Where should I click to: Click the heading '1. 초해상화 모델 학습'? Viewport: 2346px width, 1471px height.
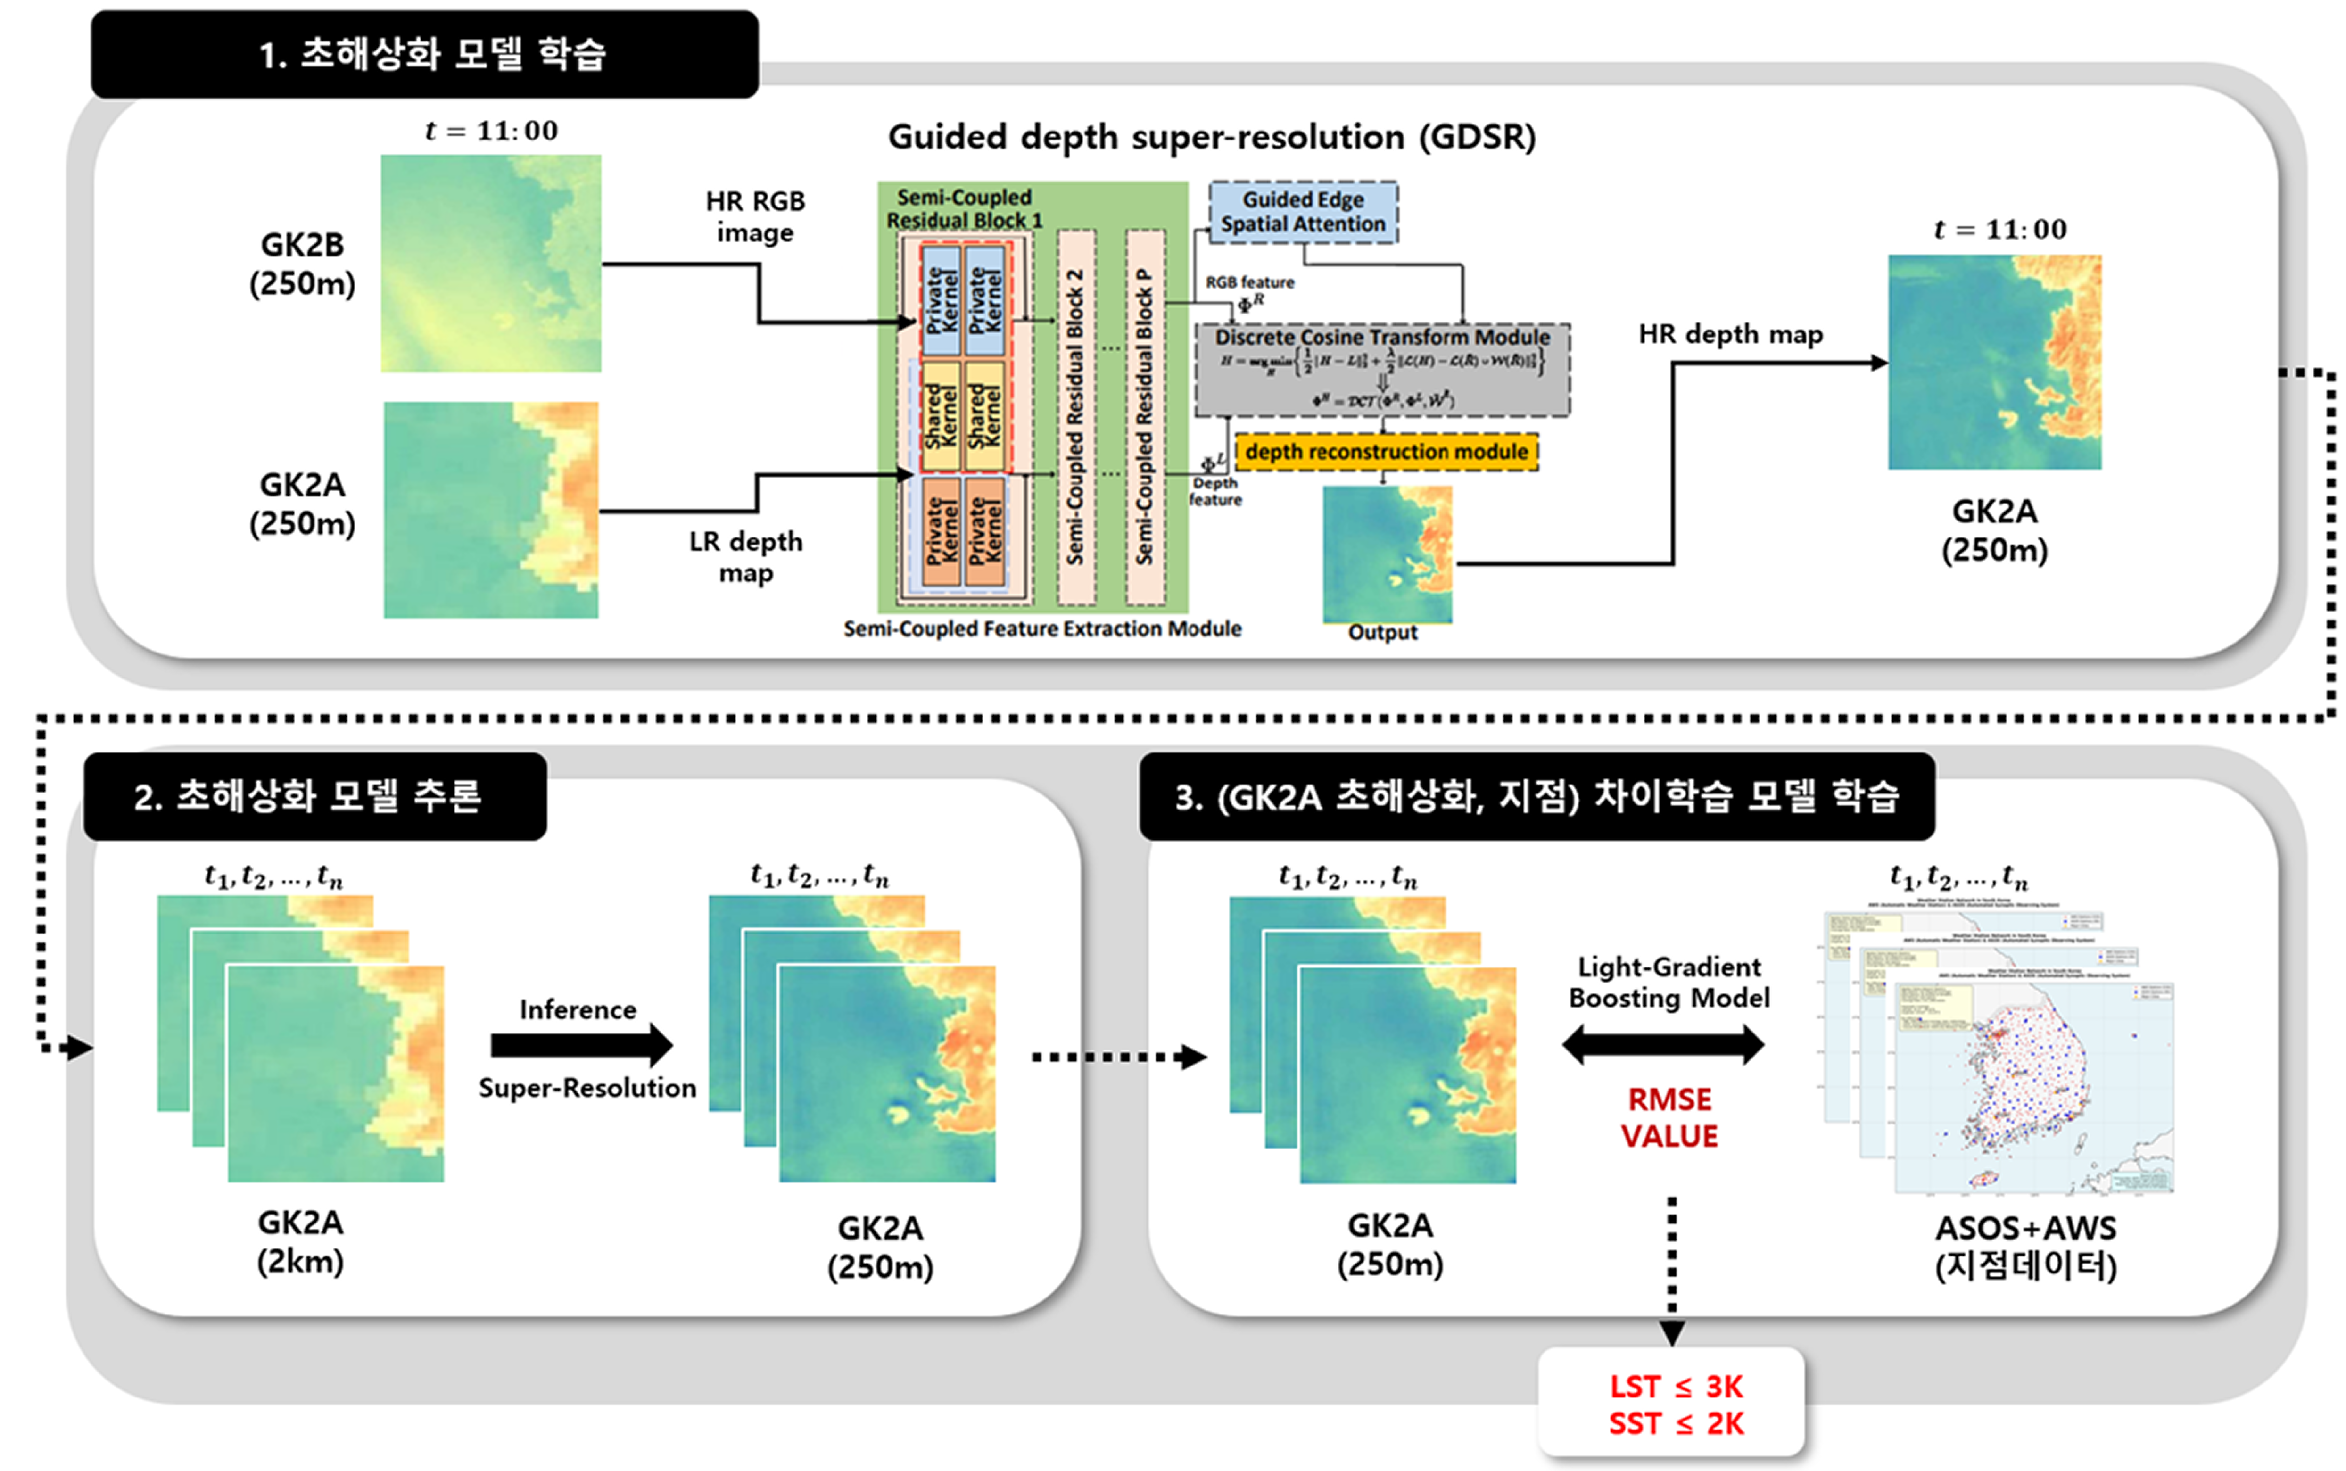point(432,55)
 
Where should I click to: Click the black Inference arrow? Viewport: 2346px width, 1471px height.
point(581,1046)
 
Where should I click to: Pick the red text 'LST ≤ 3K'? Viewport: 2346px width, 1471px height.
point(1675,1386)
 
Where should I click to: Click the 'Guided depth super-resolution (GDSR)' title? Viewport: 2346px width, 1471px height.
point(1211,137)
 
